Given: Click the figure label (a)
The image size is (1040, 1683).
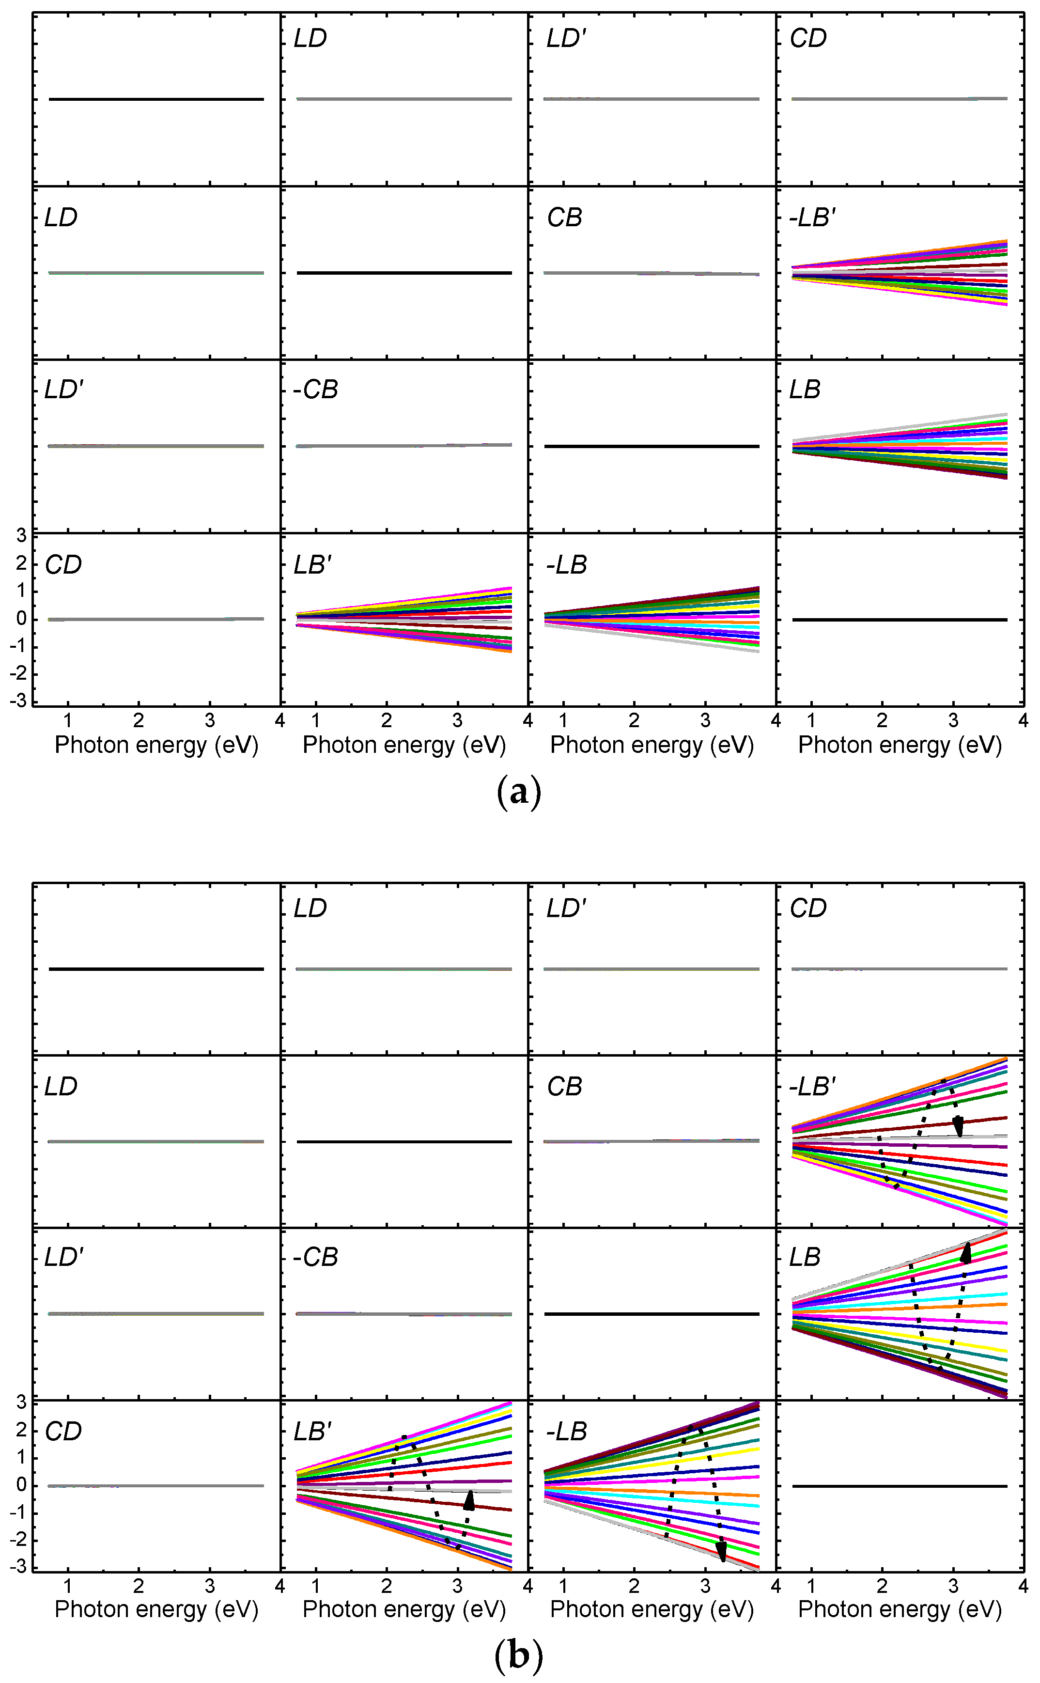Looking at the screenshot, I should click(x=519, y=792).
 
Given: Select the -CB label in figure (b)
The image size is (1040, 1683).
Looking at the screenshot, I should click(x=315, y=1257).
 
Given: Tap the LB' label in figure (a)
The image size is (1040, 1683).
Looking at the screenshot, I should click(x=312, y=565).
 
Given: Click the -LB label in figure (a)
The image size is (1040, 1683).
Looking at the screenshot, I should click(x=566, y=565).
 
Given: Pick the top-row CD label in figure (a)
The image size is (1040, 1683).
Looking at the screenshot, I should click(x=807, y=39).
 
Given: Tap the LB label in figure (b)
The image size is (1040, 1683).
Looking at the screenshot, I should click(x=805, y=1257).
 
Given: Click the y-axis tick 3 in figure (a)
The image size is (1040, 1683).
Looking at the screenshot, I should click(x=21, y=535).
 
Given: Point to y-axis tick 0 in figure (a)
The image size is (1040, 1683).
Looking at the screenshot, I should click(x=21, y=618).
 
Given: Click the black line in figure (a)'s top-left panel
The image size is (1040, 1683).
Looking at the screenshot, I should click(x=156, y=99).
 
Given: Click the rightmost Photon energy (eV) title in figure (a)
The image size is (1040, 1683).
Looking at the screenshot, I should click(x=900, y=745).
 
